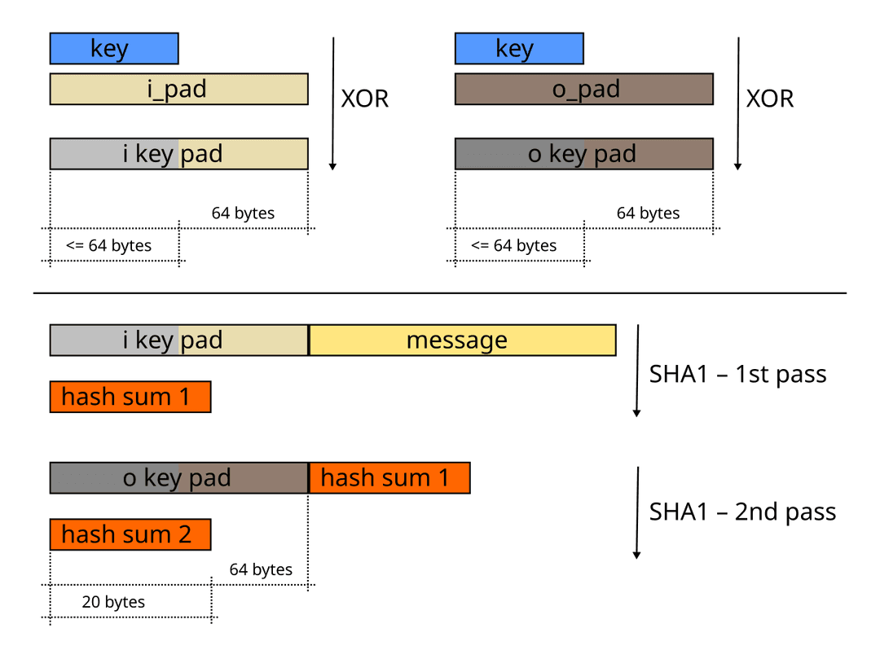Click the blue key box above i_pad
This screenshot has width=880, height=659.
(x=114, y=49)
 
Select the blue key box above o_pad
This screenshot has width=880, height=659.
(x=519, y=49)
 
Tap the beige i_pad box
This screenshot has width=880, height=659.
(x=178, y=89)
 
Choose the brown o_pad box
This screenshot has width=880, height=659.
(x=584, y=89)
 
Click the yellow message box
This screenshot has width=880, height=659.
(x=462, y=340)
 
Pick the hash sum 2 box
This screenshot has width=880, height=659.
(x=130, y=534)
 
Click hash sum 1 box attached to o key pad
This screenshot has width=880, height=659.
(x=389, y=478)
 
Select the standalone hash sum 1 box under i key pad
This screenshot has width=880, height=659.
(x=130, y=397)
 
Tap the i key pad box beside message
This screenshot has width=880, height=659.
(x=178, y=340)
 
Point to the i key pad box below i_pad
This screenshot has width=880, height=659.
(x=178, y=154)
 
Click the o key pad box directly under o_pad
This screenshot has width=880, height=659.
(x=584, y=154)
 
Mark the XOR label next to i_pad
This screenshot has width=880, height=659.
(x=364, y=99)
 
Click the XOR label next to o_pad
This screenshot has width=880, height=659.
(x=770, y=99)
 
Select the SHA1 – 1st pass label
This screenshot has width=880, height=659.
(x=737, y=375)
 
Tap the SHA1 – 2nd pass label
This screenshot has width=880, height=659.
(x=742, y=512)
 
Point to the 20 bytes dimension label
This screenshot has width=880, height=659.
(x=113, y=602)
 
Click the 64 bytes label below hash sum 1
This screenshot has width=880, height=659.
(x=261, y=569)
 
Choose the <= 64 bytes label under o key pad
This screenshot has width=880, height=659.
(x=514, y=245)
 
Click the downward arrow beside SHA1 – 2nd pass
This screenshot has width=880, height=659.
(x=637, y=513)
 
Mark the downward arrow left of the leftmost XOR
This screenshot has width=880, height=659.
(x=332, y=102)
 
